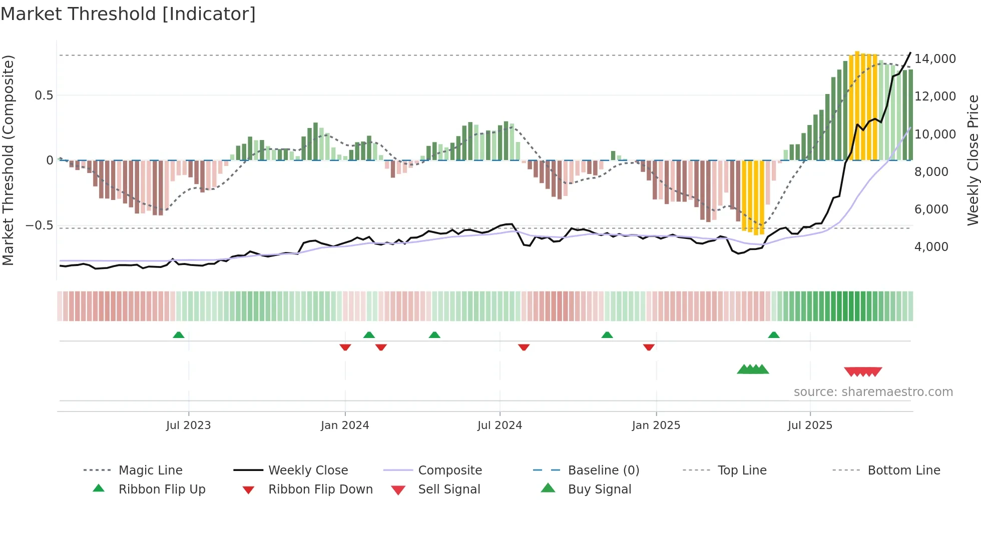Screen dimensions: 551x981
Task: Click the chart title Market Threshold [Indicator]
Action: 128,14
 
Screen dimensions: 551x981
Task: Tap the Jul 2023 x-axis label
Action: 188,425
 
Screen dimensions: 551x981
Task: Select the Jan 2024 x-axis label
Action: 345,425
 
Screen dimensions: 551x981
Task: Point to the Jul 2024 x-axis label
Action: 500,425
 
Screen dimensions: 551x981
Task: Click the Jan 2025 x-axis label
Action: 656,425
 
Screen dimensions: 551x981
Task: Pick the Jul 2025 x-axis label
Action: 810,425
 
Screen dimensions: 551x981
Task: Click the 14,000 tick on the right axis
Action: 935,59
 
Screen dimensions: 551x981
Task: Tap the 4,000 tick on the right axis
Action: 931,247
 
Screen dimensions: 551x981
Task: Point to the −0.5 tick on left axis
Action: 39,225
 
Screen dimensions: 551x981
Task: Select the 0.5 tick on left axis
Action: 44,95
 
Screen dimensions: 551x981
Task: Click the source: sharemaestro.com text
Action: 873,392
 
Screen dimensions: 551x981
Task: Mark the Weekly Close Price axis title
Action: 972,160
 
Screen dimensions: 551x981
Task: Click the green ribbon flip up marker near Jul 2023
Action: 179,335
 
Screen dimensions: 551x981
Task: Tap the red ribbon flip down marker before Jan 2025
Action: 649,347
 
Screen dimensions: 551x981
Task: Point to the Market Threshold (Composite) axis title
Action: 8,160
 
